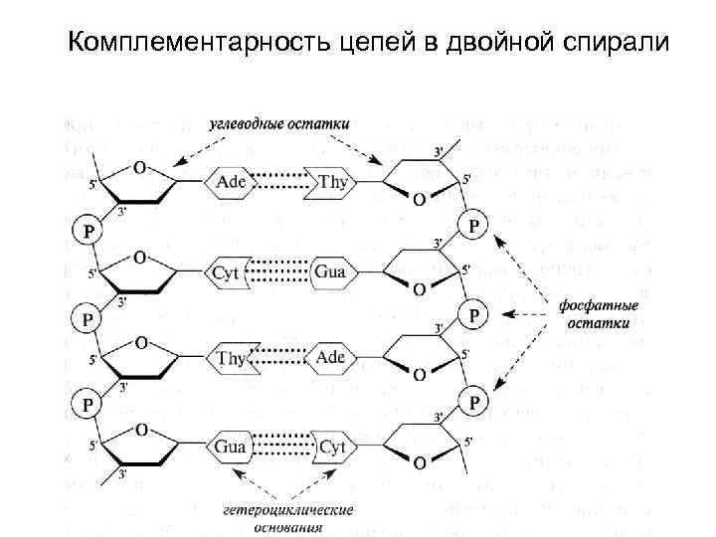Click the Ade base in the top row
(x=232, y=183)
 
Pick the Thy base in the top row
(x=333, y=183)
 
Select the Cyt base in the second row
(x=229, y=271)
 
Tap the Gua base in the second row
(x=329, y=271)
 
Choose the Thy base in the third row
(x=231, y=358)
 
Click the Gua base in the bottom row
(x=230, y=447)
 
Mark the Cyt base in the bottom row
(x=331, y=447)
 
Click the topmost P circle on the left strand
(x=89, y=232)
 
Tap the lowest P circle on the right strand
(x=474, y=402)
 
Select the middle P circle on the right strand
(x=474, y=314)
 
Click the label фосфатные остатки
(x=598, y=315)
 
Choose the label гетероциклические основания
(x=288, y=518)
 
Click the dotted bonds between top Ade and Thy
(x=283, y=183)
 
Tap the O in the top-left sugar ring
(x=140, y=167)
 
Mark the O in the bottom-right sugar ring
(x=419, y=463)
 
